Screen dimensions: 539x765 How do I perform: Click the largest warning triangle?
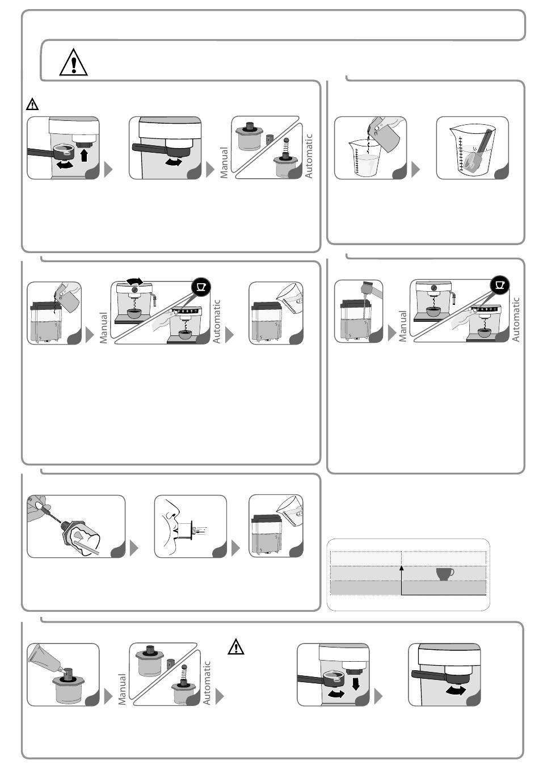(x=73, y=62)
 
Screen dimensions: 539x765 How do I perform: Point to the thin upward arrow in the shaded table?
(x=402, y=580)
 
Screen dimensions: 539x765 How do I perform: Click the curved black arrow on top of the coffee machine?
(x=135, y=281)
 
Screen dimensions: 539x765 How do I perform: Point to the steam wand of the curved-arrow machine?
(x=154, y=300)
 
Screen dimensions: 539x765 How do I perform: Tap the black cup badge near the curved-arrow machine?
(x=201, y=287)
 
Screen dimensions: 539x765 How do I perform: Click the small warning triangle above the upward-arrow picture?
(x=32, y=104)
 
